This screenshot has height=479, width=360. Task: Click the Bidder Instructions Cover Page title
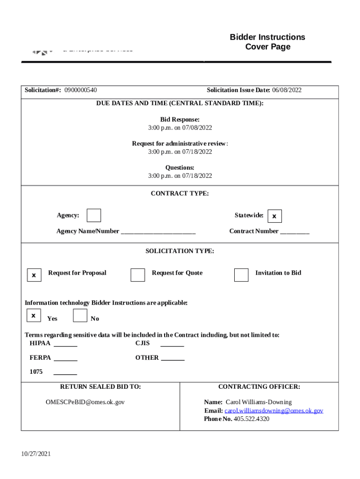(267, 42)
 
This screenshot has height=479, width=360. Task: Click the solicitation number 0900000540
(80, 90)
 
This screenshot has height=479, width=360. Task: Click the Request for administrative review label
(180, 144)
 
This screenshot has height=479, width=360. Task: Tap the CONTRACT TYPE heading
(180, 193)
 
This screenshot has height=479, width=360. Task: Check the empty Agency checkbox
(94, 215)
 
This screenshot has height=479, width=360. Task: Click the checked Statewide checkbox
(274, 216)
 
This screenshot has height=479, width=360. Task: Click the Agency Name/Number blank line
(158, 232)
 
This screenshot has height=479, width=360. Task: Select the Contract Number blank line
(295, 232)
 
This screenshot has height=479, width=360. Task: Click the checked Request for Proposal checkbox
(34, 276)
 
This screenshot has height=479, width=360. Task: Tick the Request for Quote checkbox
(137, 275)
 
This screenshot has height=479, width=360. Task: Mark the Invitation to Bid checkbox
(241, 275)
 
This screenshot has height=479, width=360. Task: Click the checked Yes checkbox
(34, 316)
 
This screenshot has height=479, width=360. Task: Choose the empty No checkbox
(80, 316)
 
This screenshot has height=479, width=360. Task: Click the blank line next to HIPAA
(65, 345)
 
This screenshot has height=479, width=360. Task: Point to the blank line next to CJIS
(172, 345)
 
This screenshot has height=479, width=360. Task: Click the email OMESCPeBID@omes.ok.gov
(85, 402)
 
